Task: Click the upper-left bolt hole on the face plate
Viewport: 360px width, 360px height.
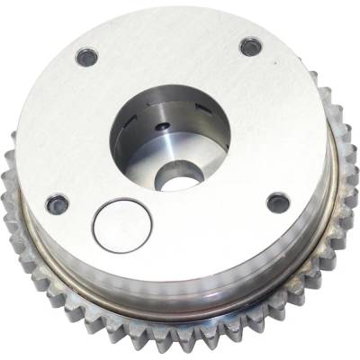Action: pyautogui.click(x=87, y=57)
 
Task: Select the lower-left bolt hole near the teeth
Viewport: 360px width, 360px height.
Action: pyautogui.click(x=58, y=203)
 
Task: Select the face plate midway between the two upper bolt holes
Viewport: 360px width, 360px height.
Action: pyautogui.click(x=168, y=49)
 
